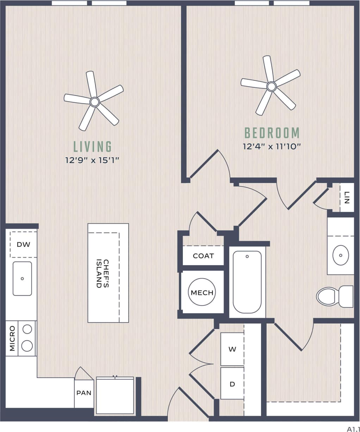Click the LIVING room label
coord(93,146)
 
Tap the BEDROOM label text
coord(272,133)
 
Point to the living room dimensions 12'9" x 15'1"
coord(93,160)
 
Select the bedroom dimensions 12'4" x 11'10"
coord(272,146)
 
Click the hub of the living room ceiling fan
coord(94,102)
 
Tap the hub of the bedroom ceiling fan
coord(271,86)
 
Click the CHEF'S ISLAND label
coord(103,274)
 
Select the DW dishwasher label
coord(24,244)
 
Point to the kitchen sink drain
coord(22,279)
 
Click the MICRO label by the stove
coord(12,338)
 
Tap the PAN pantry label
coord(84,393)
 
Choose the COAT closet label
coord(203,256)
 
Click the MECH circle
coord(202,292)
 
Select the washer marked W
coord(232,349)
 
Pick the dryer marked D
coord(232,384)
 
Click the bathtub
coord(247,282)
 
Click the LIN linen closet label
coord(347,198)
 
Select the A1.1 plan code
coord(353,428)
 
